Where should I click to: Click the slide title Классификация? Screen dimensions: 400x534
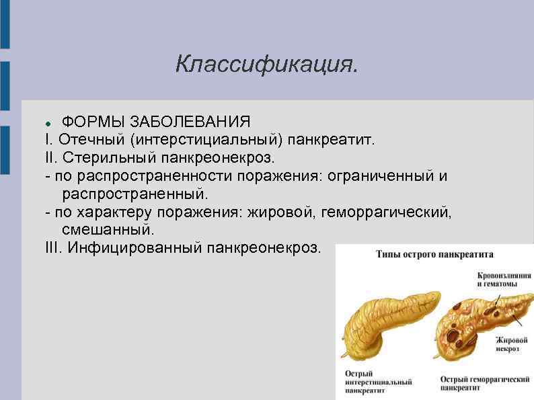click(267, 64)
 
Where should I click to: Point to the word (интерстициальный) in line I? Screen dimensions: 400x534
click(207, 141)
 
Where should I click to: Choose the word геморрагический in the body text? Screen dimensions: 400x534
click(387, 212)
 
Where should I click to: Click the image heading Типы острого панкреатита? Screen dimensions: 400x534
click(434, 255)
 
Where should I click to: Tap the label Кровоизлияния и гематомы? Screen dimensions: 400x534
click(504, 280)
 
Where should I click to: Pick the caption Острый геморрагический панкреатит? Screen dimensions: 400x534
click(484, 384)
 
